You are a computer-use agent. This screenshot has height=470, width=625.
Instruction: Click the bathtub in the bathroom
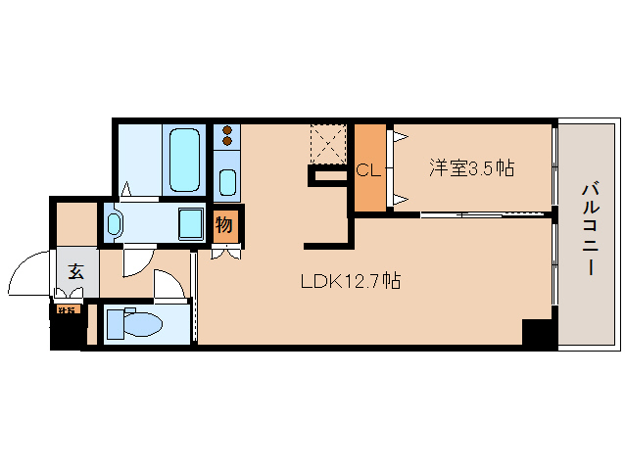point(183,160)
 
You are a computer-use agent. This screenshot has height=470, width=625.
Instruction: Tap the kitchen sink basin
point(227,182)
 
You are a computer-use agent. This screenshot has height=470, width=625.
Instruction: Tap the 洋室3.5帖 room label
point(470,168)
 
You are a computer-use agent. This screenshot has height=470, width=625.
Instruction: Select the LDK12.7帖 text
point(350,281)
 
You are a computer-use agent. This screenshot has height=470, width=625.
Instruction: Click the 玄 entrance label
point(75,272)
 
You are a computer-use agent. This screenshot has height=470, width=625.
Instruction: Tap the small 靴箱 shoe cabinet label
point(67,311)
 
